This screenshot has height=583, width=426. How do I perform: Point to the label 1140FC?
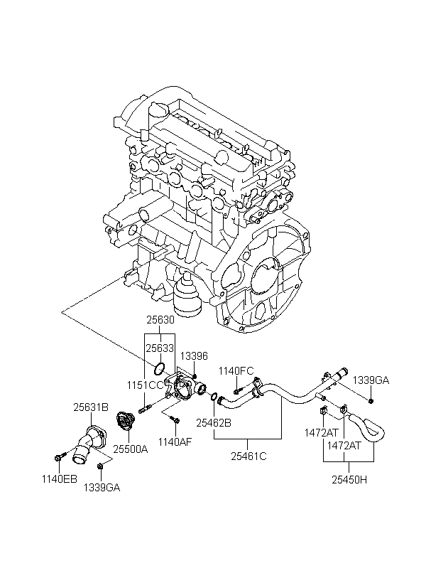(x=236, y=370)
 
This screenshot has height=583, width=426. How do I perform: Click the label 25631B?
(x=91, y=407)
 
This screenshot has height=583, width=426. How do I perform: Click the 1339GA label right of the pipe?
(x=371, y=381)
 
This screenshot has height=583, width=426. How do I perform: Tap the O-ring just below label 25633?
(x=160, y=368)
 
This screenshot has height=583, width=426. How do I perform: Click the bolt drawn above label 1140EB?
(x=58, y=455)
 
